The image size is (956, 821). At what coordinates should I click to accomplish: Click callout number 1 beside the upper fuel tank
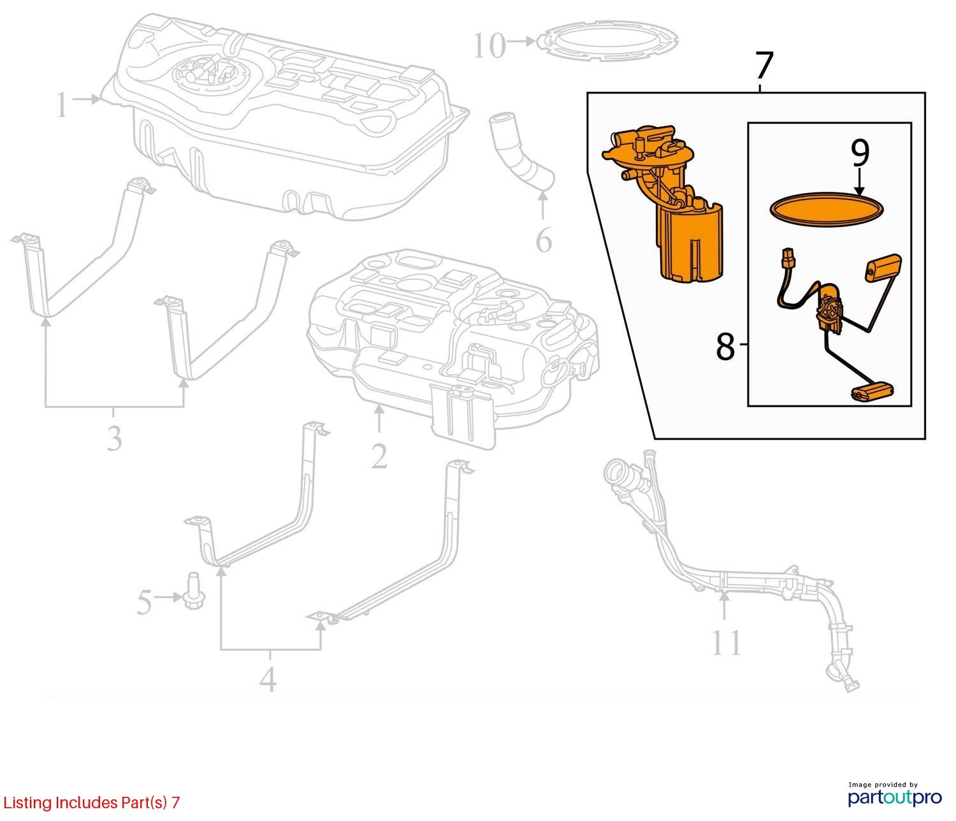(x=61, y=105)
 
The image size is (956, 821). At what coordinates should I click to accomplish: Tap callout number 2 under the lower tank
(x=379, y=456)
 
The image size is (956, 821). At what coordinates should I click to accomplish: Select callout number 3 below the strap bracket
(x=114, y=438)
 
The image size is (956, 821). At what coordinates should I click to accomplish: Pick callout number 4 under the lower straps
(x=268, y=679)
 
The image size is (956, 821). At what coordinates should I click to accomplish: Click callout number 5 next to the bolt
(x=144, y=602)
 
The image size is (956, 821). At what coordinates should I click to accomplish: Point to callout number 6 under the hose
(x=543, y=241)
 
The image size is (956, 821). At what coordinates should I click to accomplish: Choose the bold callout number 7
(x=764, y=66)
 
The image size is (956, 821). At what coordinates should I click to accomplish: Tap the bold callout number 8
(x=725, y=347)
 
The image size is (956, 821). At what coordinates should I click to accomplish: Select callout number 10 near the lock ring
(x=489, y=46)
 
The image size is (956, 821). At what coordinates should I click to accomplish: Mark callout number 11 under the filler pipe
(x=726, y=643)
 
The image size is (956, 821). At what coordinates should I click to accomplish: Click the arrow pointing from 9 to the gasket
(x=860, y=182)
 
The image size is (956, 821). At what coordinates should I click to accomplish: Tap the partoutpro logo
(x=894, y=796)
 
